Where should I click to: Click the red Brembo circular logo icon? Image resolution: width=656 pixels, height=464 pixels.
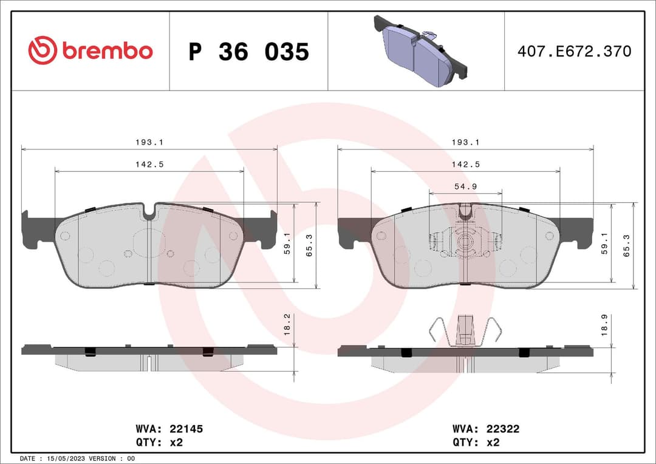point(42,50)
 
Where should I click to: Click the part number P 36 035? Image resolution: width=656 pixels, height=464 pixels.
point(248,52)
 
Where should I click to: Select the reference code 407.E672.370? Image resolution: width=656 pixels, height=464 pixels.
point(574,52)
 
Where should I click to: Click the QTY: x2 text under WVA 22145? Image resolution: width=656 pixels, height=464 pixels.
point(160,442)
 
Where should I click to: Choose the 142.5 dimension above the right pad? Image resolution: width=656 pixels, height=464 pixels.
point(465,164)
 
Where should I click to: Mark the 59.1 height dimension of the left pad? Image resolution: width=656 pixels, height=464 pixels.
point(287,245)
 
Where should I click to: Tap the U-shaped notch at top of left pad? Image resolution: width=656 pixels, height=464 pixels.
point(149,211)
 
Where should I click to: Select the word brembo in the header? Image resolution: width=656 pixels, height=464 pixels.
point(107,51)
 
